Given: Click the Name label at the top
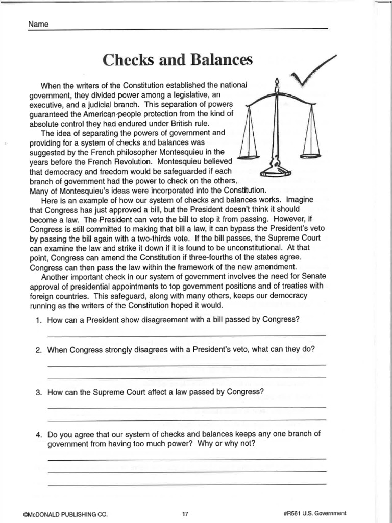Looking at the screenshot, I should [38, 24].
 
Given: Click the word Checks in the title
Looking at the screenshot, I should [126, 60].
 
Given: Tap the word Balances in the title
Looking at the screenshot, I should [222, 60].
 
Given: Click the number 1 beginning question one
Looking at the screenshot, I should [38, 320].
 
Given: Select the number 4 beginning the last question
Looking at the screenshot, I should [38, 435].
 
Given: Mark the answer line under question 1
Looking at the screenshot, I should [186, 335].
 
